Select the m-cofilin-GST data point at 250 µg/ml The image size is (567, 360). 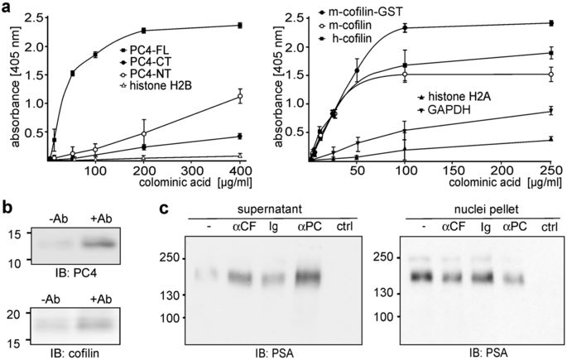tap(550, 23)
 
